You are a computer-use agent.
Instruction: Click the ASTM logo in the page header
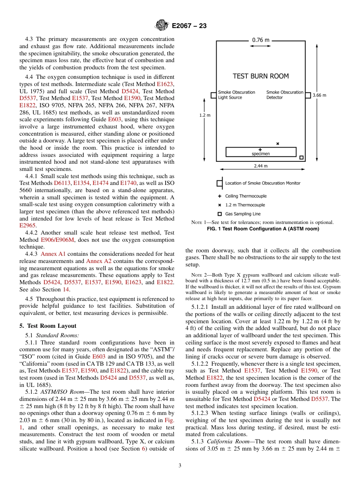point(162,26)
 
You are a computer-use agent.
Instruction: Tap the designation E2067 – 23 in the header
point(189,26)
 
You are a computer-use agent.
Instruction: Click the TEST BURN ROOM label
point(260,76)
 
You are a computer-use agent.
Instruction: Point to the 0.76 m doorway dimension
point(261,40)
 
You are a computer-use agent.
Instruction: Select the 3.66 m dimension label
point(319,95)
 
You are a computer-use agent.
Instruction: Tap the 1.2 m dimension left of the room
point(205,115)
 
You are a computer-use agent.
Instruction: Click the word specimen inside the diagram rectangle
point(261,154)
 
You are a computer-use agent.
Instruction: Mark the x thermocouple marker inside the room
point(277,144)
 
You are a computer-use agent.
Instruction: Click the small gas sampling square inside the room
point(301,158)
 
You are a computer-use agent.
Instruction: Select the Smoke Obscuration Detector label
point(285,95)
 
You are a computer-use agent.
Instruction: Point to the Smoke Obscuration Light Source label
point(236,95)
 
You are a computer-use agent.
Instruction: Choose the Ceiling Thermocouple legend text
point(246,196)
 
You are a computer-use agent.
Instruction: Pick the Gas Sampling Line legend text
point(243,214)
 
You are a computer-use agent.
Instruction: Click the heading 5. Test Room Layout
point(48,326)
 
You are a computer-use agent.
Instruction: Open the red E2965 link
point(28,225)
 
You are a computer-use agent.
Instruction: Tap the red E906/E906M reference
point(57,240)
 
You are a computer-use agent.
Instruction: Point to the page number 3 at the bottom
point(180,465)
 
